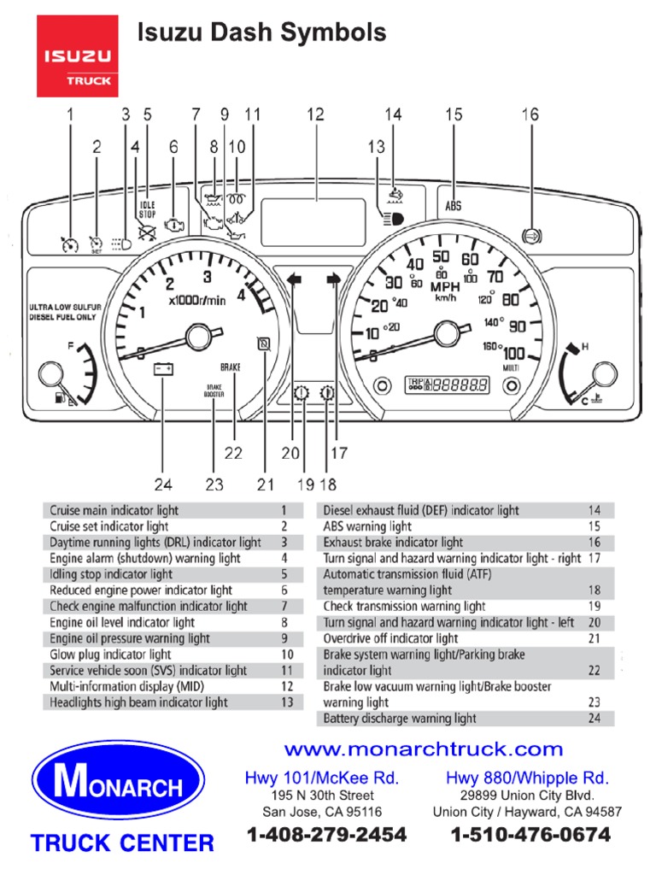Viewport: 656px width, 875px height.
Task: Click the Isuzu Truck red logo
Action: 78,59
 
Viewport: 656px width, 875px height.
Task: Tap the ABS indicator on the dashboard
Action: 453,206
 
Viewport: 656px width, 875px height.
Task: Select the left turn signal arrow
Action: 295,279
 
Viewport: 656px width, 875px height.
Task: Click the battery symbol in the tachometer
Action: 162,369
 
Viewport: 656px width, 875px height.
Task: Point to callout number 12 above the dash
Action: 315,114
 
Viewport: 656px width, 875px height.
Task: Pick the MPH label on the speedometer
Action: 444,286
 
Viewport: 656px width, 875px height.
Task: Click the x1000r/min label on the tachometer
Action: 197,300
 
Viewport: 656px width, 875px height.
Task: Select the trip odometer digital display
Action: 447,385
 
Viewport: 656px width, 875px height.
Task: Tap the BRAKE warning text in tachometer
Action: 231,367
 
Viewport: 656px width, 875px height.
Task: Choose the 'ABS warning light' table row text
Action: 367,526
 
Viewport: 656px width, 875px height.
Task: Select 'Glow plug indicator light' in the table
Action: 110,655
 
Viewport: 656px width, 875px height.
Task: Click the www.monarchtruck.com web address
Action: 424,749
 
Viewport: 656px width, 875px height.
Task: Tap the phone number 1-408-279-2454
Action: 327,834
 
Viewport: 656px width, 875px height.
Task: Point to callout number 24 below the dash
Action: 162,484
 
